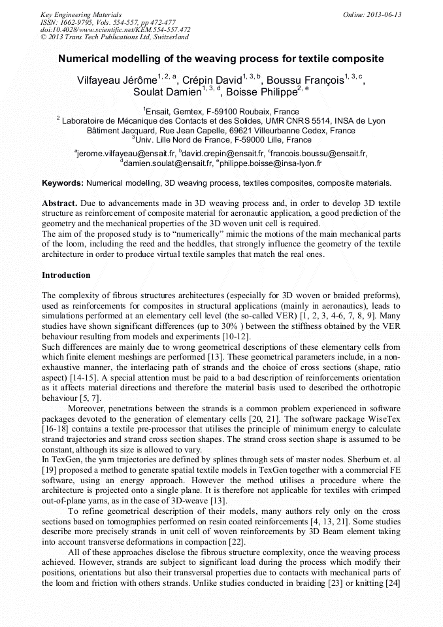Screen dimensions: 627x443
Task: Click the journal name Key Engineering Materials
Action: point(80,14)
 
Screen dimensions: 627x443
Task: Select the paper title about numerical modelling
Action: point(221,59)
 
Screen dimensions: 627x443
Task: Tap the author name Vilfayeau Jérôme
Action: point(116,81)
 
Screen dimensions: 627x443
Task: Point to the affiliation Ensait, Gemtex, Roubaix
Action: point(222,112)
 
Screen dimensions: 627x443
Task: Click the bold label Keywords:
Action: point(63,183)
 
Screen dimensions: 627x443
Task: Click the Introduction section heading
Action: point(66,275)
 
